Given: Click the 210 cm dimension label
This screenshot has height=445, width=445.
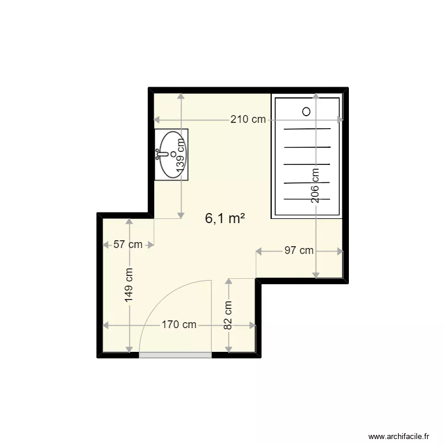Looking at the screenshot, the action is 248,119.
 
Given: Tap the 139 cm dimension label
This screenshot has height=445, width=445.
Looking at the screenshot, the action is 180,155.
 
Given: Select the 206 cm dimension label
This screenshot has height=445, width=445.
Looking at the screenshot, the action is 315,186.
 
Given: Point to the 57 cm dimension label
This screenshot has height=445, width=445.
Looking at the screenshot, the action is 128,244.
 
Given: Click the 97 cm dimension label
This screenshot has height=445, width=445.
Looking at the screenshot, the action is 299,250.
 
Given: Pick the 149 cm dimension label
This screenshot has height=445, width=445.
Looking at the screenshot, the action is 129,285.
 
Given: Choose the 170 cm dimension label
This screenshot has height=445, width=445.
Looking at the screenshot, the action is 179,325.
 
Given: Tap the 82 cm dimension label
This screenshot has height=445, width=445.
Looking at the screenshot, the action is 228,315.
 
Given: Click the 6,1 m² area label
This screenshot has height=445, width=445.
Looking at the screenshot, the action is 225,218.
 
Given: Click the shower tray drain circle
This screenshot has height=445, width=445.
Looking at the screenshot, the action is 306,112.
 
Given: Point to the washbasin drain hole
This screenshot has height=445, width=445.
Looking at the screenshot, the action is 173,154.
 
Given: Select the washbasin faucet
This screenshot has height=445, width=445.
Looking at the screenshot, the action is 161,154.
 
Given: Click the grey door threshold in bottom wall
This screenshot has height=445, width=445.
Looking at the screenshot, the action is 175,355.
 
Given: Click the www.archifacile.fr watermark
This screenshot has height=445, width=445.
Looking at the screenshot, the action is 399,436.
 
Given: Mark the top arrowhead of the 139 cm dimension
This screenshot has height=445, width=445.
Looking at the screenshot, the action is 181,96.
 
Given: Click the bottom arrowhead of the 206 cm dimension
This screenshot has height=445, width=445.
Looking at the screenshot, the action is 316,275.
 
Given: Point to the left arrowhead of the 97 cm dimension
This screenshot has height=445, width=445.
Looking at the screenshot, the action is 259,251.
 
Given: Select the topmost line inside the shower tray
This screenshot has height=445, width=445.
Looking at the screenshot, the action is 307,129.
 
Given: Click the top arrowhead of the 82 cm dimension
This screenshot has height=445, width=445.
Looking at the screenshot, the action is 228,281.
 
